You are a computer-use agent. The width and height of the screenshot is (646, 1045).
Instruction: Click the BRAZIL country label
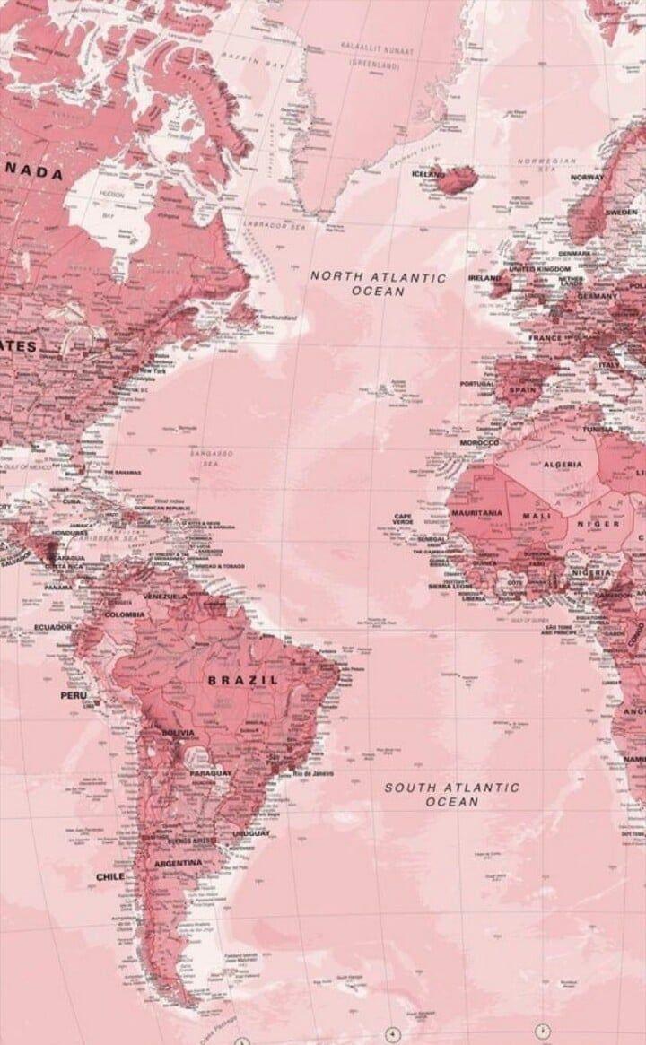pyautogui.click(x=243, y=680)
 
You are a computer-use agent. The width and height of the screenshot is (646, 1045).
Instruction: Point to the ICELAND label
pyautogui.click(x=427, y=174)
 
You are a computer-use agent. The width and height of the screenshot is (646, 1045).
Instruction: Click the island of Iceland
pyautogui.click(x=458, y=180)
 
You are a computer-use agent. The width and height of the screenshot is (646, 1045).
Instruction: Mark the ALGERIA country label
pyautogui.click(x=563, y=465)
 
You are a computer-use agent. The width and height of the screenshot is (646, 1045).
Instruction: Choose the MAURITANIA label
pyautogui.click(x=476, y=513)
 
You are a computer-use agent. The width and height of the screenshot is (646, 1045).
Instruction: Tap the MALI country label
pyautogui.click(x=537, y=517)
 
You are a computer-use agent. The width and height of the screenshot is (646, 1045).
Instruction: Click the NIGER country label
pyautogui.click(x=598, y=523)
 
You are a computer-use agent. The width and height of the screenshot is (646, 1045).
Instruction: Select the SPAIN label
pyautogui.click(x=523, y=390)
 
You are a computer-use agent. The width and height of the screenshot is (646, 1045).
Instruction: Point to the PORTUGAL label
pyautogui.click(x=476, y=384)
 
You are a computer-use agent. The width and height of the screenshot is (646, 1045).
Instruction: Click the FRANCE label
pyautogui.click(x=545, y=338)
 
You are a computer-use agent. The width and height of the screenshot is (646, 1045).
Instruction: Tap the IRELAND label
pyautogui.click(x=484, y=278)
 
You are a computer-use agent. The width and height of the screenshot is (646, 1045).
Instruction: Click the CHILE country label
pyautogui.click(x=110, y=875)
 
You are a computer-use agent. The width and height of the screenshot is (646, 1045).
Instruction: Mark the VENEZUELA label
pyautogui.click(x=165, y=596)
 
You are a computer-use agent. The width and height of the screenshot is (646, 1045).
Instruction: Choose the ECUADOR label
pyautogui.click(x=52, y=627)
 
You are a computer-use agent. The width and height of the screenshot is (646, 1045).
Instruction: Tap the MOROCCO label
pyautogui.click(x=479, y=443)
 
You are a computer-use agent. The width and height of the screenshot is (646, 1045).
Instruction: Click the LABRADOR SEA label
pyautogui.click(x=277, y=224)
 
